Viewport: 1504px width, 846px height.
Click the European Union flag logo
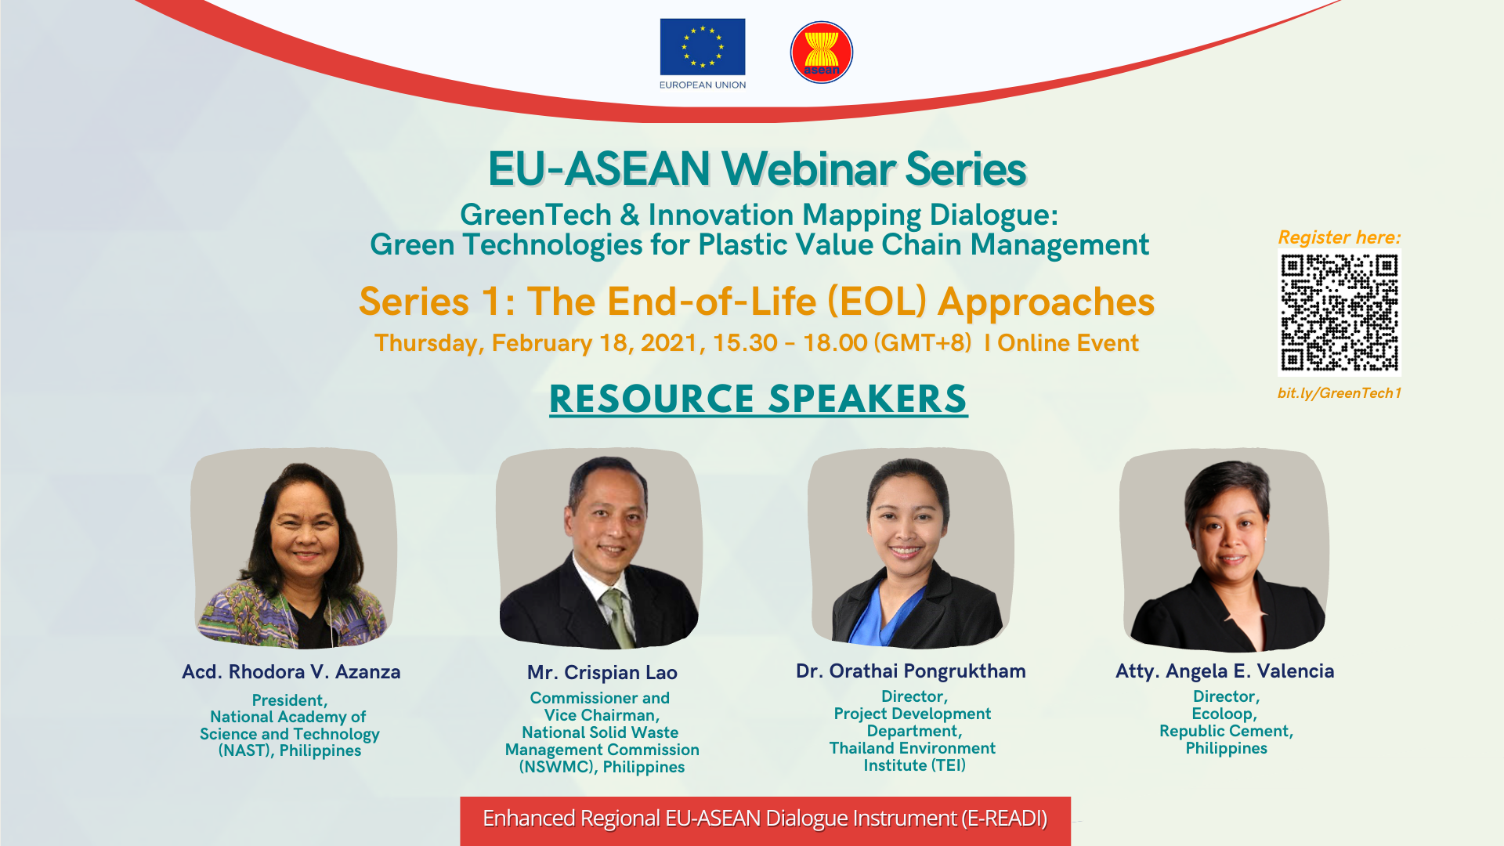click(x=703, y=47)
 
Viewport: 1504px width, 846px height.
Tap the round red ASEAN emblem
click(x=822, y=52)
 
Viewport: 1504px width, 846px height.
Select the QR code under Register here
click(x=1339, y=313)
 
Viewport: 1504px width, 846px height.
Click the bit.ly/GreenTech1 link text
click(x=1339, y=393)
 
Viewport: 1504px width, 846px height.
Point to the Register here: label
click(x=1339, y=237)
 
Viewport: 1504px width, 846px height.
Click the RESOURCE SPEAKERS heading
click(x=758, y=399)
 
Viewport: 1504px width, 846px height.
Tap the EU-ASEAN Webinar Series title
click(x=757, y=168)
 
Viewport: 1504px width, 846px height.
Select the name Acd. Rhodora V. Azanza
click(x=291, y=672)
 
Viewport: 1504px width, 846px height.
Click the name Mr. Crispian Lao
click(x=602, y=673)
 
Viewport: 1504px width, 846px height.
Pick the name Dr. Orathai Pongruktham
click(x=911, y=671)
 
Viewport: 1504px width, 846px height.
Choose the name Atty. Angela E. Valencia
click(x=1225, y=671)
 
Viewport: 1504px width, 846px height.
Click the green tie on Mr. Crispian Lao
click(x=618, y=619)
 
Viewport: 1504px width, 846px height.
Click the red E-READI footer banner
click(x=765, y=820)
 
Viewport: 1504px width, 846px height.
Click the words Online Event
click(x=1068, y=343)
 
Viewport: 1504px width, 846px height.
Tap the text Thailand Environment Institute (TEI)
click(x=913, y=757)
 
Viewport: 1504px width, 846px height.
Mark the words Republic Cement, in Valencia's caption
click(x=1226, y=731)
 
